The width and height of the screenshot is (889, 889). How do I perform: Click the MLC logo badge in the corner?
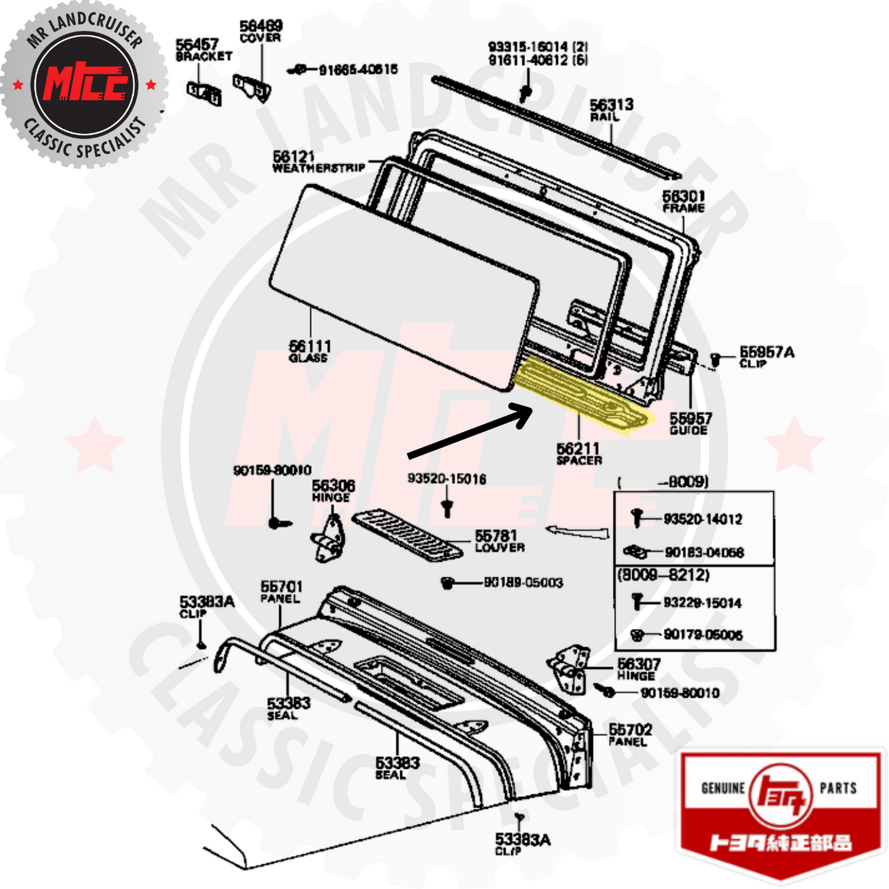(85, 85)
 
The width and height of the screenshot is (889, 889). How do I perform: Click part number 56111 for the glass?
(309, 346)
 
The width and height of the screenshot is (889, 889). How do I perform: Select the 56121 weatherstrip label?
(294, 157)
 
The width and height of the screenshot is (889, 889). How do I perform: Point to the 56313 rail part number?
(611, 105)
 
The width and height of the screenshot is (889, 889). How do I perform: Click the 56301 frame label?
(683, 196)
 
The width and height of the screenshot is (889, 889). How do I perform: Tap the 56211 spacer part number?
(578, 448)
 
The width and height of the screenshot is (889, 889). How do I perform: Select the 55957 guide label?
(690, 418)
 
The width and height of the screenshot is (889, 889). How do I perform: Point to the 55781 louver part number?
(496, 536)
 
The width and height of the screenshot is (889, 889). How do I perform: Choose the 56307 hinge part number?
(639, 664)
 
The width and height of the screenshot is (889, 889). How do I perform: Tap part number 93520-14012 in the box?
(702, 519)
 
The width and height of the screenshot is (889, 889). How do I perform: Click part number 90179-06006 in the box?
(702, 635)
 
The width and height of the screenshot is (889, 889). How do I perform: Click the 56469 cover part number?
(260, 26)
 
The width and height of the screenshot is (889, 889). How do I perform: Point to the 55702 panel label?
(630, 730)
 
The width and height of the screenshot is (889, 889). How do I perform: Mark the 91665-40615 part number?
(358, 70)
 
